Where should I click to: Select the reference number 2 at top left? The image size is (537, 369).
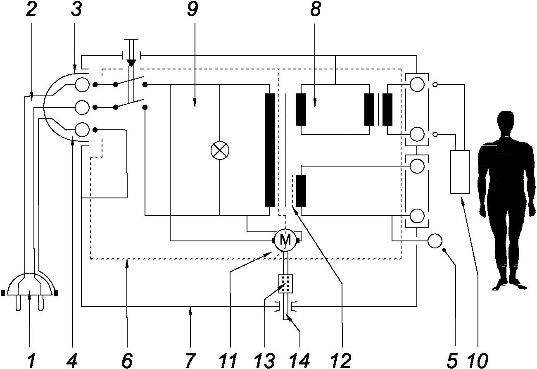pyautogui.click(x=31, y=10)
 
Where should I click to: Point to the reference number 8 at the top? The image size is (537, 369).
pyautogui.click(x=315, y=10)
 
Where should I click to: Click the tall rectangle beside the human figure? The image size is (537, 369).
pyautogui.click(x=460, y=172)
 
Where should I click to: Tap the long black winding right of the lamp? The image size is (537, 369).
pyautogui.click(x=269, y=150)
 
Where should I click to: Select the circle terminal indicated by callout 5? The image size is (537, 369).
pyautogui.click(x=435, y=241)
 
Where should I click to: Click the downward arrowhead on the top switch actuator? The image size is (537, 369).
pyautogui.click(x=131, y=63)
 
